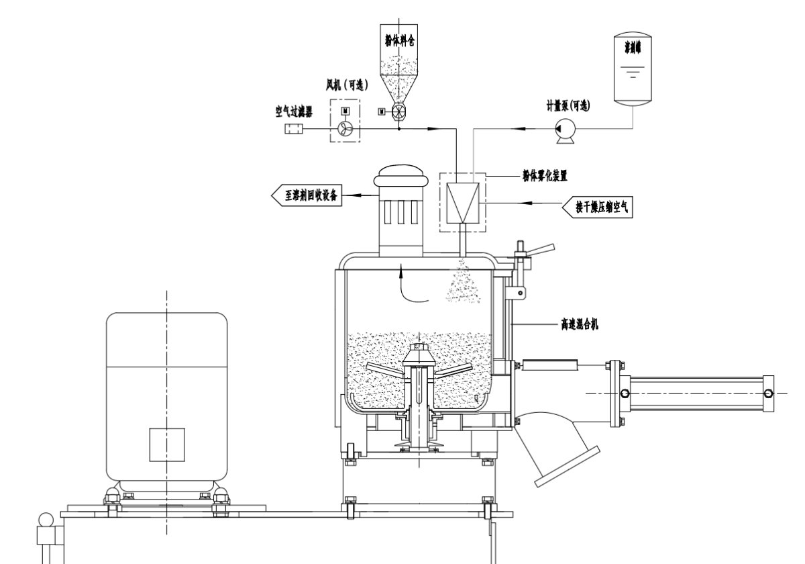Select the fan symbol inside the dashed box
pyautogui.click(x=345, y=129)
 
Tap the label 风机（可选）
pyautogui.click(x=343, y=87)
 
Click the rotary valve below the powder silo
pyautogui.click(x=398, y=111)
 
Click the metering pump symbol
pyautogui.click(x=562, y=129)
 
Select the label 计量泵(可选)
pyautogui.click(x=568, y=105)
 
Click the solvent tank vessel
pyautogui.click(x=633, y=70)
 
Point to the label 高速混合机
pyautogui.click(x=580, y=324)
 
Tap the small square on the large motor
pyautogui.click(x=166, y=444)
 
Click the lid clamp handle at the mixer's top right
pyautogui.click(x=536, y=252)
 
